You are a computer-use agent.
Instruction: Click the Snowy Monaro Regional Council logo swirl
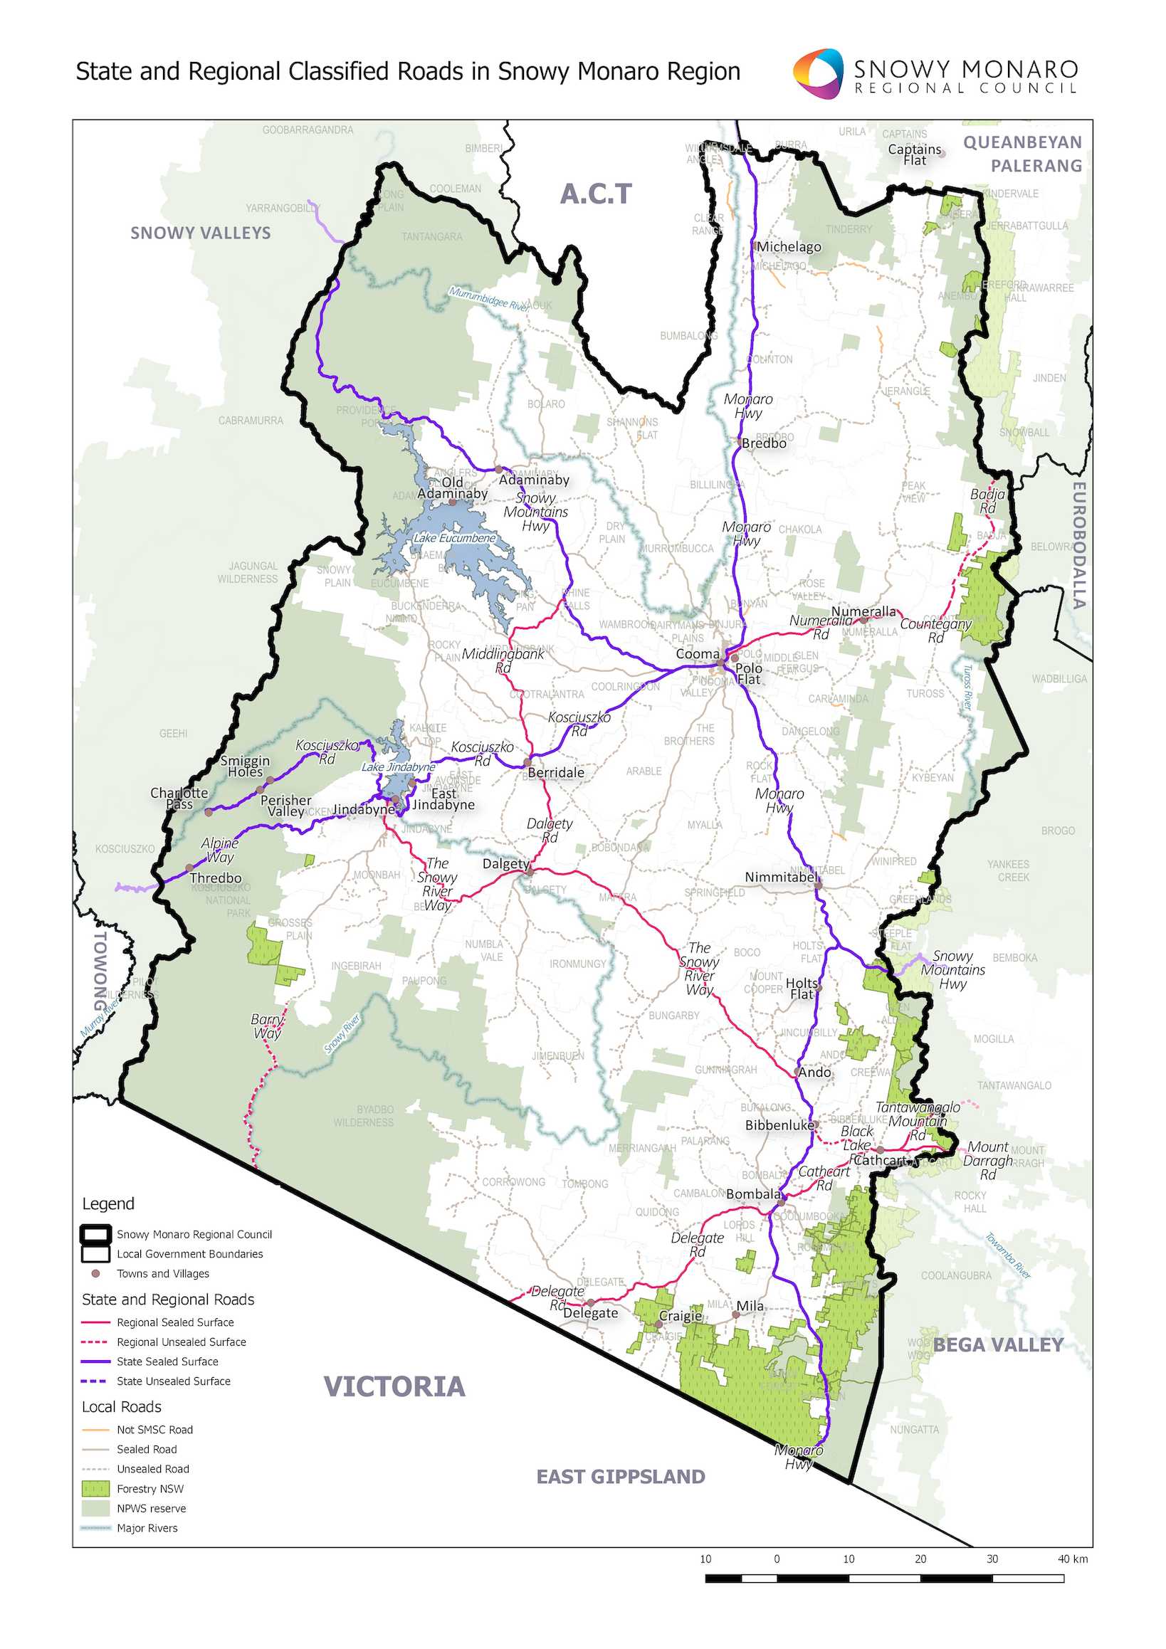click(x=818, y=73)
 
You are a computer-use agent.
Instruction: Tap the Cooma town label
click(x=697, y=654)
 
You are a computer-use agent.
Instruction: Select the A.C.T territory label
click(x=596, y=194)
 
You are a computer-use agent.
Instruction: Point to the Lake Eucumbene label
click(x=454, y=538)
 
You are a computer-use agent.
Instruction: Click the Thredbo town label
click(x=216, y=878)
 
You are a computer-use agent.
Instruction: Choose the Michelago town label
click(x=788, y=246)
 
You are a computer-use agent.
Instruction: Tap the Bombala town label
click(x=752, y=1194)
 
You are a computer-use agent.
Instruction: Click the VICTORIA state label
click(x=394, y=1387)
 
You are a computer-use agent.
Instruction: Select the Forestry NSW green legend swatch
click(x=95, y=1489)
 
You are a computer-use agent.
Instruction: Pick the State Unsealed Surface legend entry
click(x=173, y=1381)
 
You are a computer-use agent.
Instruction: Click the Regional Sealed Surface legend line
click(x=95, y=1322)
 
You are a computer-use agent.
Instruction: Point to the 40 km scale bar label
click(x=1072, y=1559)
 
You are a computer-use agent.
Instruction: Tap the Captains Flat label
click(x=914, y=154)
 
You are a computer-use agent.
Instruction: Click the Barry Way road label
click(x=266, y=1026)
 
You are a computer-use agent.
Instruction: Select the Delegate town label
click(x=590, y=1313)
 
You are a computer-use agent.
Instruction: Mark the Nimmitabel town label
click(x=781, y=877)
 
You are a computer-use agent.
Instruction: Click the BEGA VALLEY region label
click(x=997, y=1345)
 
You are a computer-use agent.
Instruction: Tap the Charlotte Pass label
click(x=179, y=798)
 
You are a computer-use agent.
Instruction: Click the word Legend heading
click(x=107, y=1203)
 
